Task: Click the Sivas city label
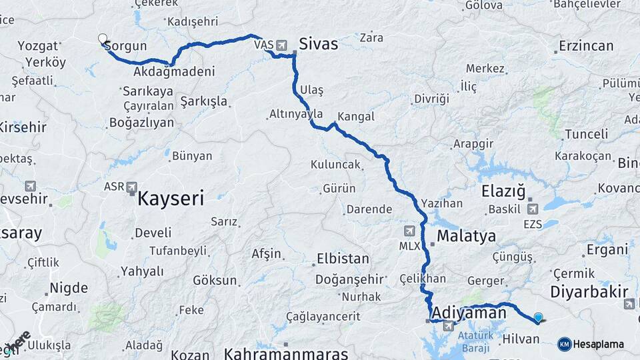319,45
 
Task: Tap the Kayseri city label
171,198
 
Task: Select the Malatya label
467,236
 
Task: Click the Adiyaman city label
469,312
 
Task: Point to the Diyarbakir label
589,291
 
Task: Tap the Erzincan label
586,46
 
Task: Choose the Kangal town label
356,117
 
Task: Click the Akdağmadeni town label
174,71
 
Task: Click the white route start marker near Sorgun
103,39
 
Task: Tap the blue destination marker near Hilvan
538,318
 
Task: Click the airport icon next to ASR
131,187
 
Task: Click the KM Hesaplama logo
591,344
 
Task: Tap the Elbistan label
342,258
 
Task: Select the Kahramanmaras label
287,353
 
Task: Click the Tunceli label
587,134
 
